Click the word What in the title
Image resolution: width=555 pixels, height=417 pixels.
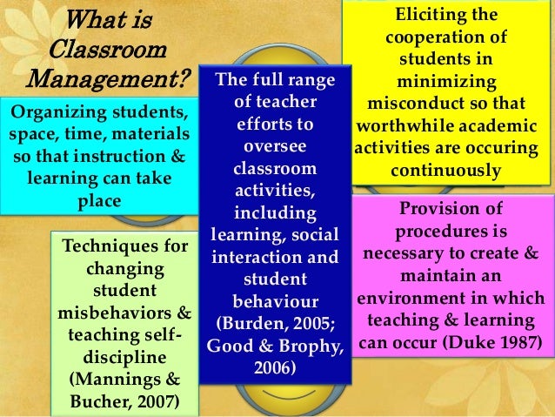coord(94,18)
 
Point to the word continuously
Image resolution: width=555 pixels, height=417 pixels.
coord(446,170)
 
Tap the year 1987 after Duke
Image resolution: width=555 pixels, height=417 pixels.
coord(515,342)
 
